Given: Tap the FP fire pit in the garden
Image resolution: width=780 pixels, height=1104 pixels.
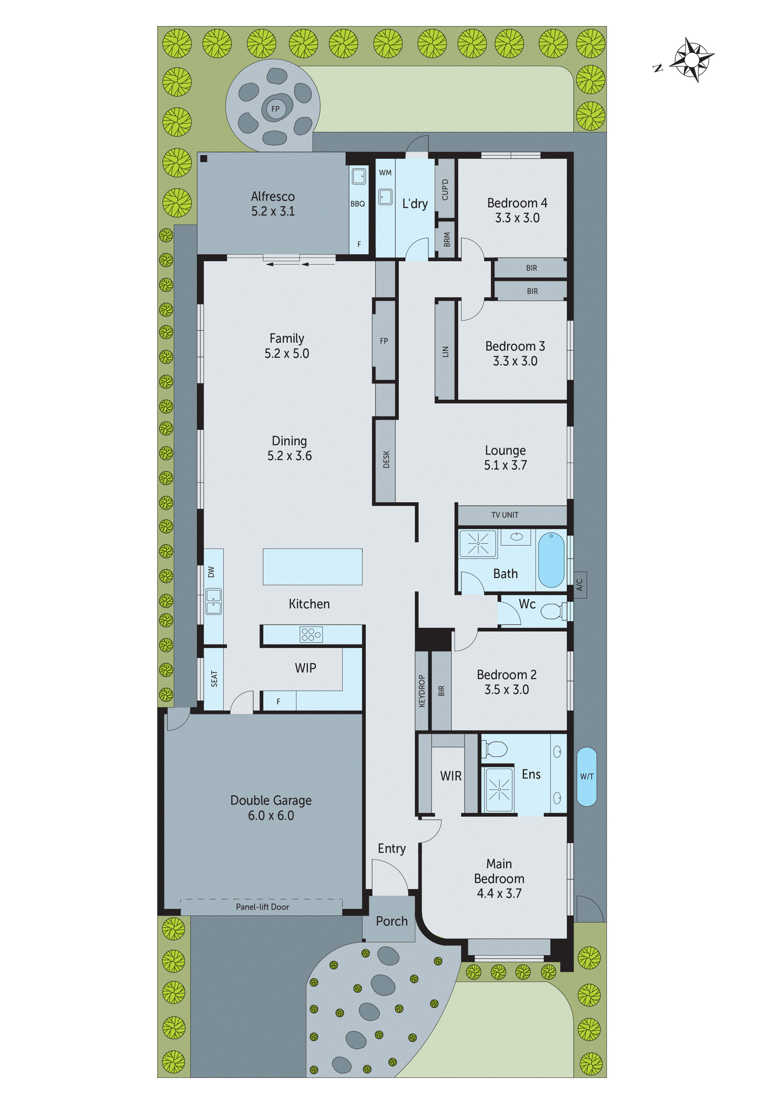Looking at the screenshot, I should pyautogui.click(x=275, y=109).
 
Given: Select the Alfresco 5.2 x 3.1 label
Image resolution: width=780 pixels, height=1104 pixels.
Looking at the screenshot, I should pyautogui.click(x=273, y=203).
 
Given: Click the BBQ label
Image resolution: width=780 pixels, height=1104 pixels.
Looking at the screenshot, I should pyautogui.click(x=357, y=204).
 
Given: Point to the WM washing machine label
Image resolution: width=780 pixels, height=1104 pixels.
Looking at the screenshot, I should pyautogui.click(x=385, y=173).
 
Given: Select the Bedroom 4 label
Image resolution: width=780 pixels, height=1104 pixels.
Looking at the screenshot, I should pyautogui.click(x=517, y=203).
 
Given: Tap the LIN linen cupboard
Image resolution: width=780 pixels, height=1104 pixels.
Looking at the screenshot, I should pyautogui.click(x=445, y=352).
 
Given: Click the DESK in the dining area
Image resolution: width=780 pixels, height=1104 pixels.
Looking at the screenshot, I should pyautogui.click(x=386, y=459).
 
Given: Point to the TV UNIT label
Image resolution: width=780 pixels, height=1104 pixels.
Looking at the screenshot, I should pyautogui.click(x=505, y=515).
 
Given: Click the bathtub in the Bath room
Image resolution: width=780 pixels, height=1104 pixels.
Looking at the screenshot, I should pyautogui.click(x=551, y=560).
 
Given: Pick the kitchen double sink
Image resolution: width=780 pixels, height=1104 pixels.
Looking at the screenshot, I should pyautogui.click(x=213, y=601).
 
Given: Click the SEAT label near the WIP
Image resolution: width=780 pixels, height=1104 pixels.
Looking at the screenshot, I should pyautogui.click(x=214, y=679).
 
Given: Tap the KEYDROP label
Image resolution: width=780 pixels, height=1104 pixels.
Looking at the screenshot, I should pyautogui.click(x=422, y=690).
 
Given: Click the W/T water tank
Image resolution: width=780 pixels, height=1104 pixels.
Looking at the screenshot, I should pyautogui.click(x=586, y=776).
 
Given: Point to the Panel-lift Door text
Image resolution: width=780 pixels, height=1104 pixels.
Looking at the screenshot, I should pyautogui.click(x=263, y=907).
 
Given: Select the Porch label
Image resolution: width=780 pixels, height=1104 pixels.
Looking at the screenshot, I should pyautogui.click(x=391, y=921).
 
